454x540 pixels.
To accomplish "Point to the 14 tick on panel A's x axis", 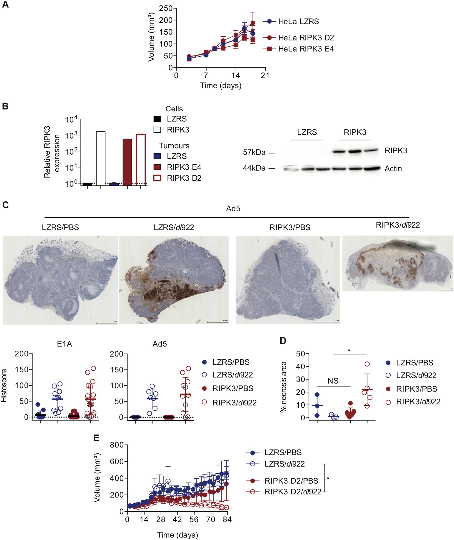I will pos(235,75).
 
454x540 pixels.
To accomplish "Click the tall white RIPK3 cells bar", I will pos(101,158).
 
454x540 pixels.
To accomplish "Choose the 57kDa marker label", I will pos(254,152).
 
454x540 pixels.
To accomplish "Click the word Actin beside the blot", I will pos(393,169).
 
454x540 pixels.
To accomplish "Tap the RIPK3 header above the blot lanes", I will pos(355,132).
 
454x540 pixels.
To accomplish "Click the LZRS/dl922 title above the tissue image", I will pos(174,227).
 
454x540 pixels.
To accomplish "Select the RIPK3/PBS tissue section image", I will pos(287,280).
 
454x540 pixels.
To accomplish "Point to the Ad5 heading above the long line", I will pos(233,208).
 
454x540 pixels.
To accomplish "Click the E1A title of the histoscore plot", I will pos(64,344).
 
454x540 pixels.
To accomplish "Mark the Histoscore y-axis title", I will pos(4,385).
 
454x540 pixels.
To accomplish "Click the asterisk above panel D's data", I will pos(349,350).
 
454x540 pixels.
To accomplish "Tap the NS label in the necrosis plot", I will pos(333,381).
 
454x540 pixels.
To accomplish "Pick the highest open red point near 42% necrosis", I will pos(367,364).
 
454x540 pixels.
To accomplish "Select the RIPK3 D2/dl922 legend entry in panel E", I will pos(293,492).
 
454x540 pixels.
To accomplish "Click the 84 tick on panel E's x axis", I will pos(227,519).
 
